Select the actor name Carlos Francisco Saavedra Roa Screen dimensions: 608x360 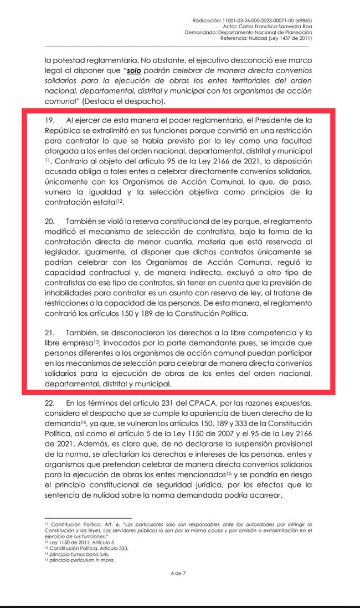point(281,26)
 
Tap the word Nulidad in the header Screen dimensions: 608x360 point(258,38)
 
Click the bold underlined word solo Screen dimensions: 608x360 point(134,71)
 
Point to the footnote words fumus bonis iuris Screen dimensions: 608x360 point(84,554)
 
